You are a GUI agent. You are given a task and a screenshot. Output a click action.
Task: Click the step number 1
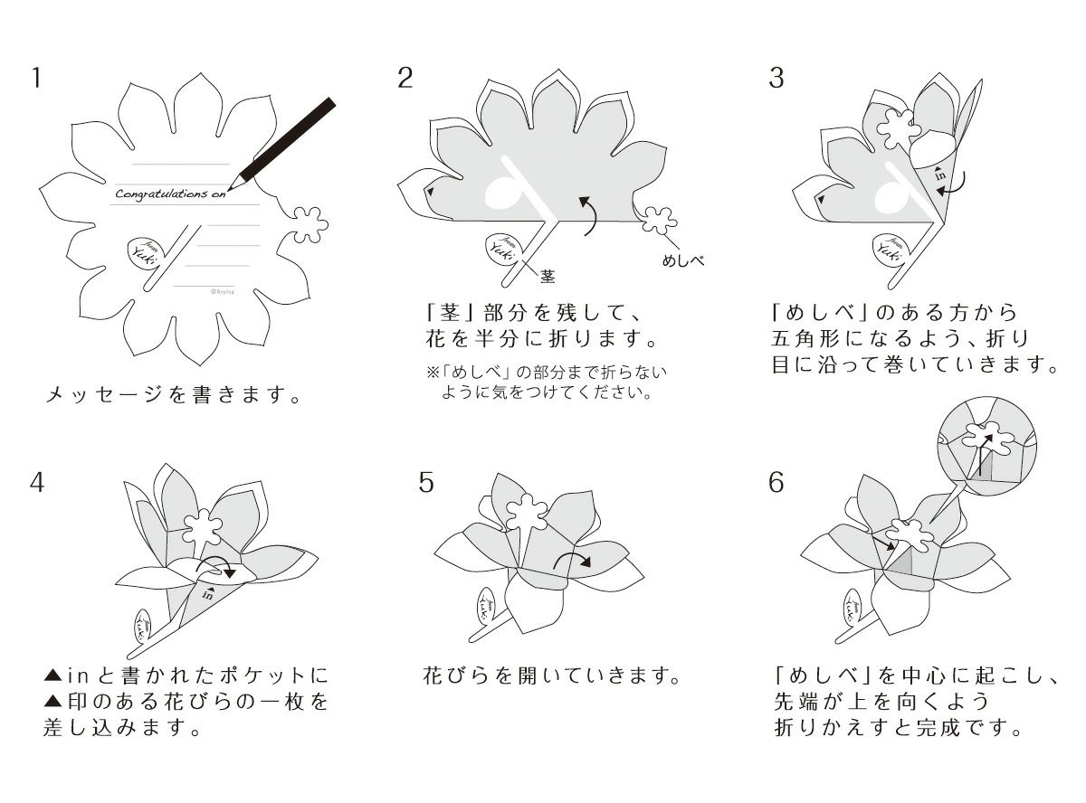coord(36,78)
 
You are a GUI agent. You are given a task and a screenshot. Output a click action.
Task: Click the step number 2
coord(405,78)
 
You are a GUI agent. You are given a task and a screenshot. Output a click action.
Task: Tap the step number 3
coord(776,78)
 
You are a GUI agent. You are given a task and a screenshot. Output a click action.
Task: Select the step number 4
coord(36,482)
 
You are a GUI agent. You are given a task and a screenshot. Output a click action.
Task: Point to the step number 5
coord(426,482)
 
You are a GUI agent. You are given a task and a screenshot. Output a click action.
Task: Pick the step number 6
coord(776,482)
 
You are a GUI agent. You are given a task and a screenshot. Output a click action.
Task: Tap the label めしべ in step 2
coord(683,260)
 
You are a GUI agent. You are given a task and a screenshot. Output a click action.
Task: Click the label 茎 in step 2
coord(548,274)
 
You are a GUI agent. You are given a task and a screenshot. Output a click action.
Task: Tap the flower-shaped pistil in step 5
coord(522,515)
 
